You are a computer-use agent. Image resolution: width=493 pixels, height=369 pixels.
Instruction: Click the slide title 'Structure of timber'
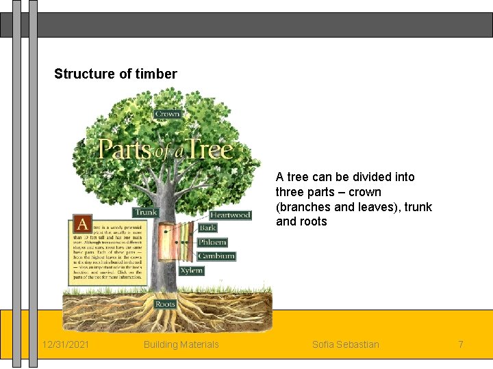(x=115, y=74)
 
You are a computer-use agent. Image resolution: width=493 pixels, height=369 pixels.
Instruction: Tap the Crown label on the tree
(x=168, y=114)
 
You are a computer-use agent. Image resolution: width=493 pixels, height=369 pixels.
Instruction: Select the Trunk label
(x=146, y=213)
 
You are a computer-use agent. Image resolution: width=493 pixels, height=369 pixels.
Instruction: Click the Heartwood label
(x=230, y=215)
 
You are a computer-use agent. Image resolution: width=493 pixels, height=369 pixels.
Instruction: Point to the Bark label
(x=207, y=228)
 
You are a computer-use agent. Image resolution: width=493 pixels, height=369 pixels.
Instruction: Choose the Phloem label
(x=212, y=242)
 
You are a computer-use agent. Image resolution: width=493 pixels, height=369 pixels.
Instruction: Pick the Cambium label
(x=216, y=256)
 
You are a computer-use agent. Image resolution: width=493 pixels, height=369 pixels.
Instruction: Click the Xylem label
(x=192, y=271)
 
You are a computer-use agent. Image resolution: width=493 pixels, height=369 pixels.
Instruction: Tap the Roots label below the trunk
(x=165, y=304)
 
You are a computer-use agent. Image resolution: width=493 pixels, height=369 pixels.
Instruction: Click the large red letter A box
(x=82, y=223)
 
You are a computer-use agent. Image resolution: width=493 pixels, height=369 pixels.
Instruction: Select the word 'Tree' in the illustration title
(x=210, y=149)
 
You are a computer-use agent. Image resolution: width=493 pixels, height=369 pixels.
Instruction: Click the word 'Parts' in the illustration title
(x=124, y=149)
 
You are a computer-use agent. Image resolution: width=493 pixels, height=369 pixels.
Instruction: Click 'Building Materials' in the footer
(x=181, y=344)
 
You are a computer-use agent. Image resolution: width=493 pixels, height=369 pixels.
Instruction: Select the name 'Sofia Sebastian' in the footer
(x=345, y=344)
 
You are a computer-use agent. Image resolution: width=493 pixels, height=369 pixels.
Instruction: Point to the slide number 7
(x=461, y=344)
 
